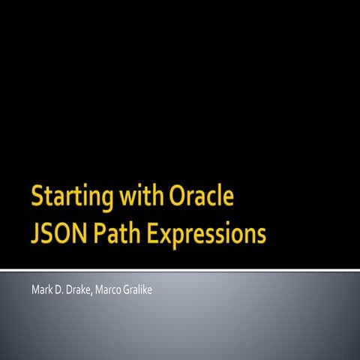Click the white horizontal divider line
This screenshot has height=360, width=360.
point(180,268)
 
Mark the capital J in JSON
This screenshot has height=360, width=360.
point(35,234)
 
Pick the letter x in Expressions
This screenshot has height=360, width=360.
point(170,235)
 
